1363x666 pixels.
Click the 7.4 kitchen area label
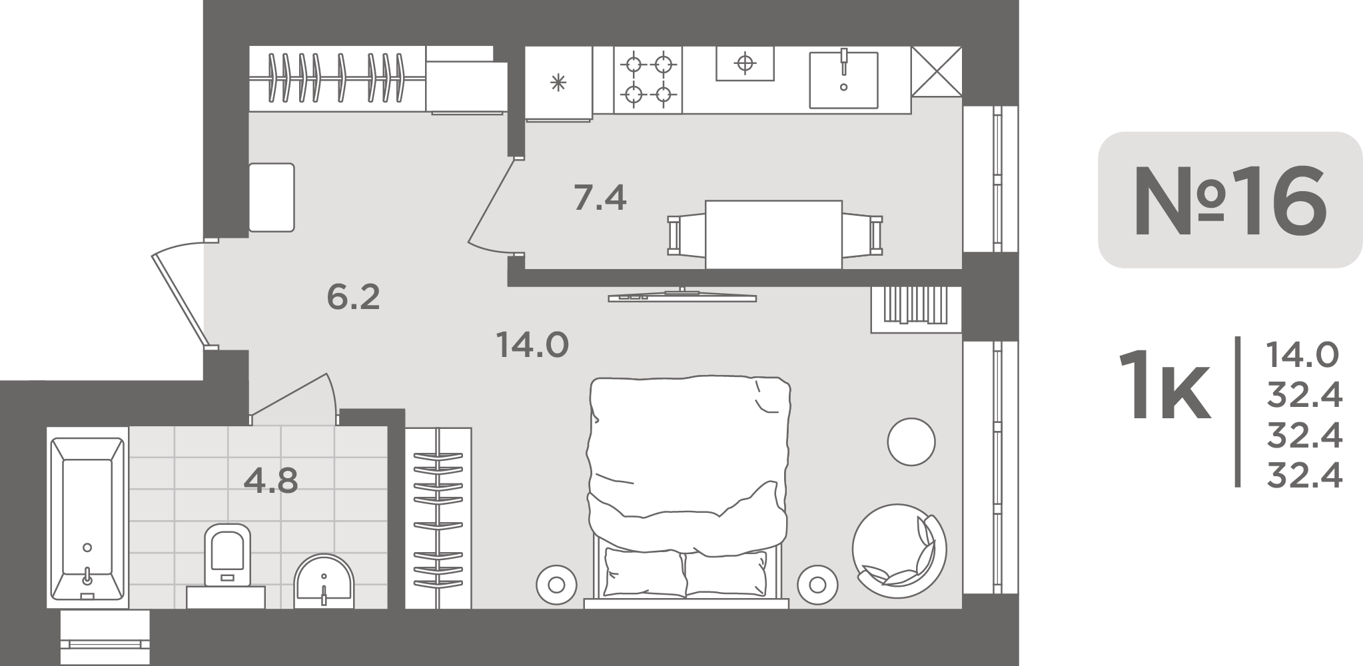[x=600, y=198]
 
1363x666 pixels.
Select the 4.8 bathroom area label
[x=270, y=480]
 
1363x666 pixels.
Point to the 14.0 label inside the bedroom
[x=532, y=345]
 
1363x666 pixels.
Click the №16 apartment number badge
[x=1230, y=200]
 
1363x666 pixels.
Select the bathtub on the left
[x=87, y=518]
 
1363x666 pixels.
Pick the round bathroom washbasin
[x=325, y=581]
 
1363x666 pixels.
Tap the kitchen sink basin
[x=843, y=80]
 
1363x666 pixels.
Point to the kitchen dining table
[x=773, y=234]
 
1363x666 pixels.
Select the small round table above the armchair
[x=911, y=442]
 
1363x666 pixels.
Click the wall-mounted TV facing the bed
[x=682, y=296]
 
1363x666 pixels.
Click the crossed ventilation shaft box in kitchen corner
[x=937, y=72]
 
